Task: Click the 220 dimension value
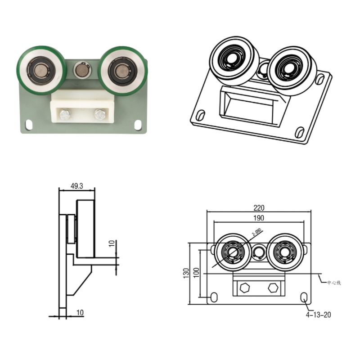click(259, 208)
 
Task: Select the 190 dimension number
click(259, 218)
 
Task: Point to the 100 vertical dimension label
click(196, 273)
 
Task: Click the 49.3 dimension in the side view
click(77, 185)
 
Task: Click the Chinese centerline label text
click(334, 283)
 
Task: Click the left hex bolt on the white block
click(65, 115)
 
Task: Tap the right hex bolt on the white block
click(99, 115)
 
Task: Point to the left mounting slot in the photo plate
click(29, 123)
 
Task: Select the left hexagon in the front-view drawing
click(245, 288)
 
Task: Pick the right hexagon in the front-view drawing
click(272, 288)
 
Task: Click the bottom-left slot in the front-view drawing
click(214, 297)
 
